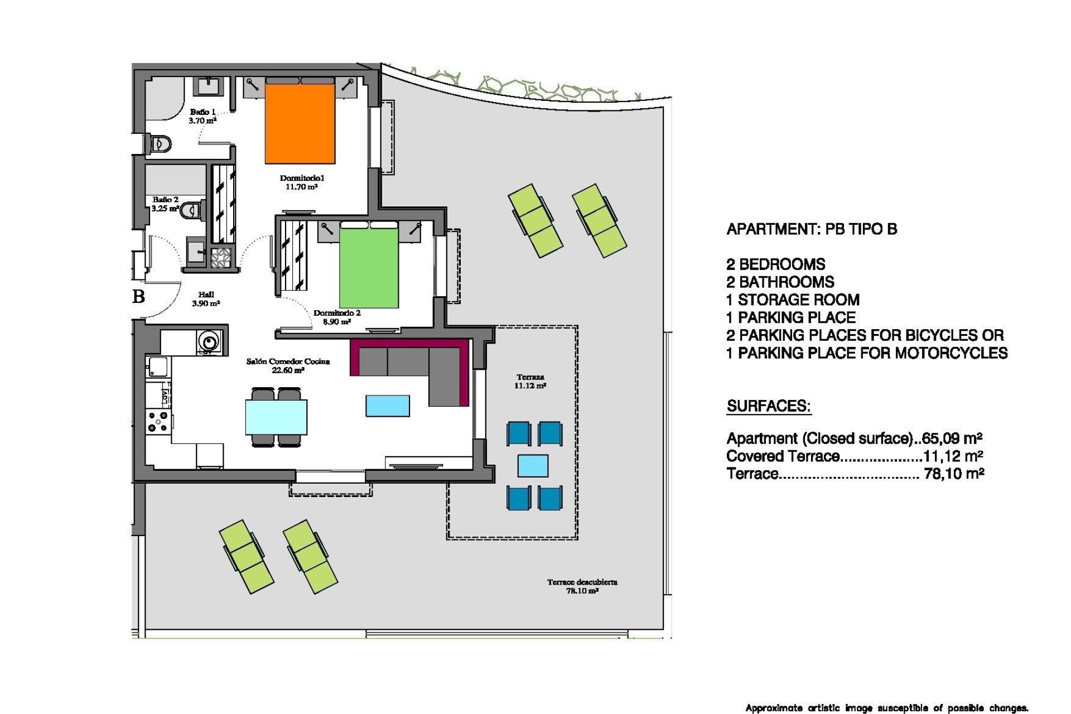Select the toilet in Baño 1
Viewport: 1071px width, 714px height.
tap(160, 144)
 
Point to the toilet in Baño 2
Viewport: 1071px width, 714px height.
tap(193, 210)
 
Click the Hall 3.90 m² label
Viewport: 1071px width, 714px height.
tap(206, 299)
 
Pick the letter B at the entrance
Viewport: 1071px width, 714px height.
tap(139, 296)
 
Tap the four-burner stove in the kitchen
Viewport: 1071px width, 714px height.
tap(157, 421)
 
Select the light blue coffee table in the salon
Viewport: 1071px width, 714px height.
tap(388, 406)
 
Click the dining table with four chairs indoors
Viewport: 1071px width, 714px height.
tap(276, 417)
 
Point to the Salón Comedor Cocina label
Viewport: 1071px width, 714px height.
tap(288, 365)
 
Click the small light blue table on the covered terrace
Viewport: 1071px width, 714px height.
tap(533, 466)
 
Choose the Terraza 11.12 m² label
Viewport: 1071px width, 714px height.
tap(530, 381)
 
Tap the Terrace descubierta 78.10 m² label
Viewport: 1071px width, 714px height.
tap(582, 586)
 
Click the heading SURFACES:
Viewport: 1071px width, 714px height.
tap(768, 406)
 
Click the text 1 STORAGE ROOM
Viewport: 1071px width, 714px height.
tap(793, 300)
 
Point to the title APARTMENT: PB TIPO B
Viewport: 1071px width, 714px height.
tap(812, 229)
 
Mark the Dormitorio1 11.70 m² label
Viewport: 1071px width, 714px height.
tap(302, 182)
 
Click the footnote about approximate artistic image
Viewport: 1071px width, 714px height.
tap(886, 708)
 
